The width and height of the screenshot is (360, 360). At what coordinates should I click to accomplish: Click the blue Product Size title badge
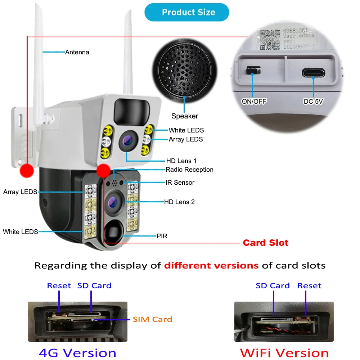click(x=186, y=12)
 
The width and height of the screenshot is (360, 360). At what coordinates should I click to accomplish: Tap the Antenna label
click(x=77, y=52)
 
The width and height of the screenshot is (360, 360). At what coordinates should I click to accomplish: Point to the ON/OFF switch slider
click(x=253, y=70)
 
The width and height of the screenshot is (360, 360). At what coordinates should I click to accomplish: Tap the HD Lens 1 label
click(x=181, y=161)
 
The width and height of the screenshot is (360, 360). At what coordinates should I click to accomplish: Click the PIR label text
click(x=162, y=236)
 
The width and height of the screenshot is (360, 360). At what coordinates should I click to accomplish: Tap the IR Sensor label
click(x=180, y=183)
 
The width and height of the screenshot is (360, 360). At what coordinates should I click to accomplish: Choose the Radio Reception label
click(x=189, y=170)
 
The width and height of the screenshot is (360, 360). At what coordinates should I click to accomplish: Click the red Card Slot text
click(x=265, y=243)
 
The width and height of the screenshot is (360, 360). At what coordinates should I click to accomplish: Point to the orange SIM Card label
click(x=152, y=319)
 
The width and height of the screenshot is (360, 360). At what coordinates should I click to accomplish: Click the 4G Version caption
click(x=77, y=352)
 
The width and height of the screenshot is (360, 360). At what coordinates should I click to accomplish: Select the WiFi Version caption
click(x=284, y=352)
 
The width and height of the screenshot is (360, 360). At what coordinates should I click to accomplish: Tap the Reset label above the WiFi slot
click(x=309, y=285)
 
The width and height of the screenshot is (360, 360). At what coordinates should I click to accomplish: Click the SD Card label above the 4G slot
click(x=94, y=285)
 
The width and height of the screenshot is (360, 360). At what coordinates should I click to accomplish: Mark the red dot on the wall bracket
click(x=27, y=170)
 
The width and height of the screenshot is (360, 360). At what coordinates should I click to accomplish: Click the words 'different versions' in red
click(x=211, y=266)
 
